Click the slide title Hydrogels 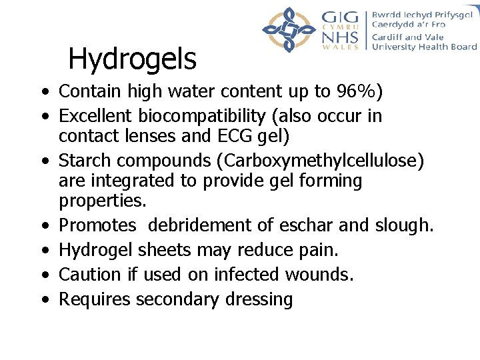pyautogui.click(x=132, y=59)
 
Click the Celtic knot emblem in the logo pyautogui.click(x=289, y=29)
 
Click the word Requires pyautogui.click(x=95, y=299)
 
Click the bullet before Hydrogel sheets pyautogui.click(x=43, y=251)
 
